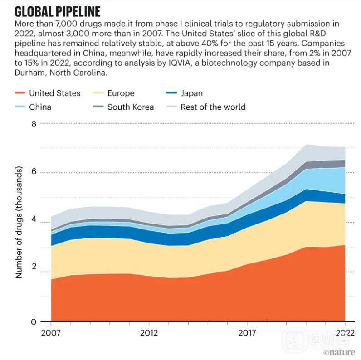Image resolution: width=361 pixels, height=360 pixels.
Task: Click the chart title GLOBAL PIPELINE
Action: coord(58,11)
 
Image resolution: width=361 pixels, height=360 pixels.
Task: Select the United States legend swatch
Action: coord(20,93)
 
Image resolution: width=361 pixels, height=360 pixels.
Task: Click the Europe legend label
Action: coord(121,93)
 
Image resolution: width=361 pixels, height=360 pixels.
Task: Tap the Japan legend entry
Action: coord(191,93)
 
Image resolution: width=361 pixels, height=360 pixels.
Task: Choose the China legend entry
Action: coord(40,107)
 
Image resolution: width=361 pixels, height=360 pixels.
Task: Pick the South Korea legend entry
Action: coord(130,107)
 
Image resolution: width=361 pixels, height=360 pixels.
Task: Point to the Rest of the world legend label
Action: coord(213,107)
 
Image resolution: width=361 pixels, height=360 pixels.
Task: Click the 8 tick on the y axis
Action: coord(33,123)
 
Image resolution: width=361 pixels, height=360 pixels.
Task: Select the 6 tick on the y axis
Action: coord(33,173)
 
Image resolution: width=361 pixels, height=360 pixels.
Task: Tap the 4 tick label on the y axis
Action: coord(33,223)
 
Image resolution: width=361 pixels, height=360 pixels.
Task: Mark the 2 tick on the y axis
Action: coord(33,272)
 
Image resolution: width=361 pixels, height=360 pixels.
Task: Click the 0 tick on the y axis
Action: coord(33,322)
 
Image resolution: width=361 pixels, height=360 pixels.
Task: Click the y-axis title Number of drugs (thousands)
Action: coord(19,222)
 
